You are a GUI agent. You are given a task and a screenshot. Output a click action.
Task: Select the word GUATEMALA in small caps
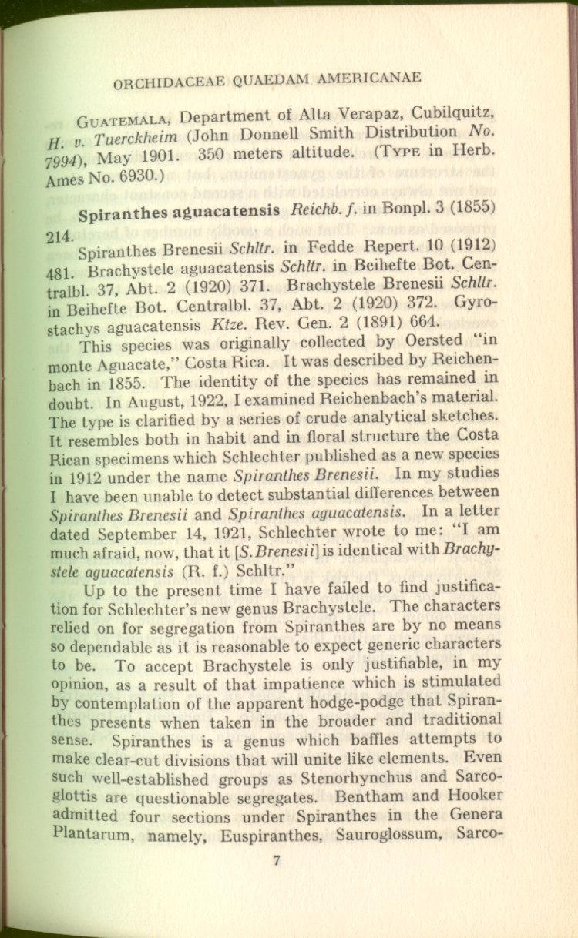pyautogui.click(x=126, y=120)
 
